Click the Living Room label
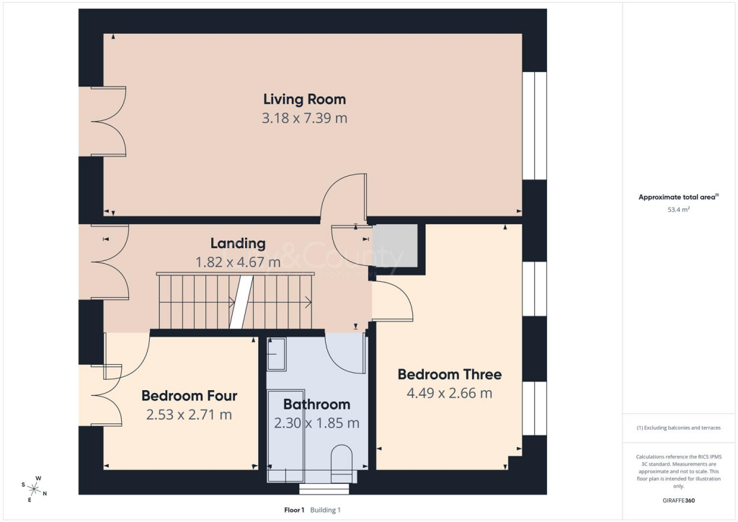304,99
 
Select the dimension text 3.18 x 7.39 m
304,118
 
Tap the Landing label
238,244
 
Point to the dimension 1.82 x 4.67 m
238,262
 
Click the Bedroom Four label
189,396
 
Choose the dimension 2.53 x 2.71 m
189,415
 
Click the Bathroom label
316,404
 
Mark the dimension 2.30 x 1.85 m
316,423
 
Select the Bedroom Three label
449,374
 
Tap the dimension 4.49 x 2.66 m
449,393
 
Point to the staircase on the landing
235,301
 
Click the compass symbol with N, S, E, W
34,489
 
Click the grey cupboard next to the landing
395,246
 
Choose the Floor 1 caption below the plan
295,510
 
